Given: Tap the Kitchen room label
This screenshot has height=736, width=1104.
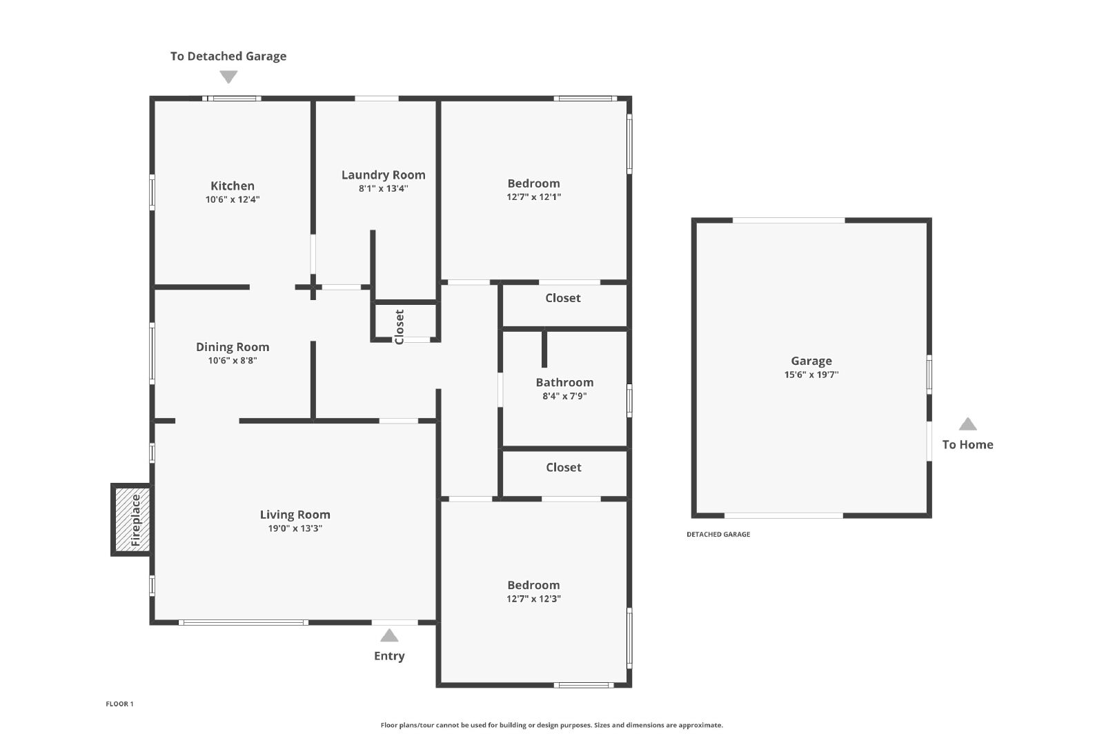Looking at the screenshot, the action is pyautogui.click(x=233, y=186).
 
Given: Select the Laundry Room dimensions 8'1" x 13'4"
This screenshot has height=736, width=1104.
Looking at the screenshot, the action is pyautogui.click(x=384, y=188).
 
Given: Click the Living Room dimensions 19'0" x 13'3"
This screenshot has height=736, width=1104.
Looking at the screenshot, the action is pyautogui.click(x=295, y=528).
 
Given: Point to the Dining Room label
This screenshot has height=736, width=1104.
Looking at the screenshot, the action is pyautogui.click(x=233, y=347).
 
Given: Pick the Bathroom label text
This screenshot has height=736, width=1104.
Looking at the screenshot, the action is pyautogui.click(x=565, y=382).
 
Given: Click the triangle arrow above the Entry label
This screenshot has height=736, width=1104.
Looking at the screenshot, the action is pyautogui.click(x=389, y=635).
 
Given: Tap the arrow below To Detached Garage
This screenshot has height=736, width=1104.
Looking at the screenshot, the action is pyautogui.click(x=228, y=77).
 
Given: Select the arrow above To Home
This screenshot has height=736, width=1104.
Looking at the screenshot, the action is pyautogui.click(x=967, y=424).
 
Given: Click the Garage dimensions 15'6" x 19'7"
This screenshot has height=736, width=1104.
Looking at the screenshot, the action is pyautogui.click(x=811, y=375).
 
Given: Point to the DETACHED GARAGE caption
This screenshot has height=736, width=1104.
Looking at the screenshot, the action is pyautogui.click(x=718, y=534).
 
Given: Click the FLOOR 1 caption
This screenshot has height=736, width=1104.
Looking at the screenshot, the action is pyautogui.click(x=120, y=704).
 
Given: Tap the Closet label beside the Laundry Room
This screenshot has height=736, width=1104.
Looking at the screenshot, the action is pyautogui.click(x=400, y=327).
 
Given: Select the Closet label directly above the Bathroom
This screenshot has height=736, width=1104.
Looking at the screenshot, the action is pyautogui.click(x=563, y=298).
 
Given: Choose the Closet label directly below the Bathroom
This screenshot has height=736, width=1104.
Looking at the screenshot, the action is pyautogui.click(x=563, y=468).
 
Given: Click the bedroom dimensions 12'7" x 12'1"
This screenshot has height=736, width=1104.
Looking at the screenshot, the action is pyautogui.click(x=534, y=197).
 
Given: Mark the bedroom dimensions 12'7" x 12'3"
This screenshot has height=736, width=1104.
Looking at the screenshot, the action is pyautogui.click(x=534, y=599).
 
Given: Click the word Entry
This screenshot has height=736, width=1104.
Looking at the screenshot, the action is pyautogui.click(x=389, y=656).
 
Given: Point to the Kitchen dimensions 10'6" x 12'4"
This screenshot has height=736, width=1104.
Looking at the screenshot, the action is pyautogui.click(x=233, y=199).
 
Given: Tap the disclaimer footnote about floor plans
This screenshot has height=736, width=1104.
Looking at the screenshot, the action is pyautogui.click(x=551, y=725).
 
